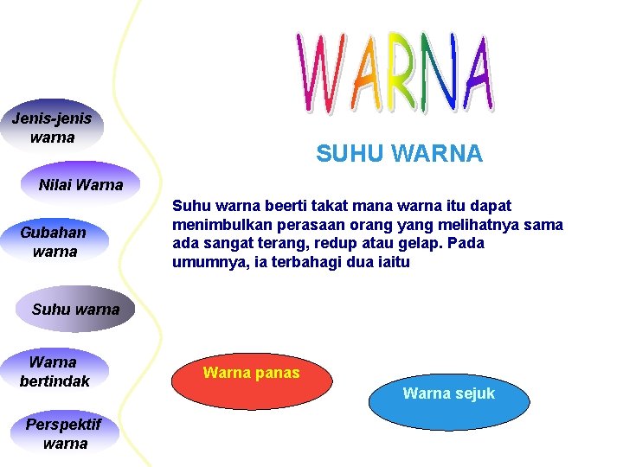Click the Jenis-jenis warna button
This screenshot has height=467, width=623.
pos(52,127)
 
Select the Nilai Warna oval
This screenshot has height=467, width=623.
pos(80,184)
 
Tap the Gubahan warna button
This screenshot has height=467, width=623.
pos(55,242)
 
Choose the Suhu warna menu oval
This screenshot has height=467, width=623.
pos(75,309)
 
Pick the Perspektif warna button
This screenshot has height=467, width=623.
pos(64,434)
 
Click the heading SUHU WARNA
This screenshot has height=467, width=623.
pos(399,154)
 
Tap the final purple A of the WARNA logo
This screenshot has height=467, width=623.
pos(477,71)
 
